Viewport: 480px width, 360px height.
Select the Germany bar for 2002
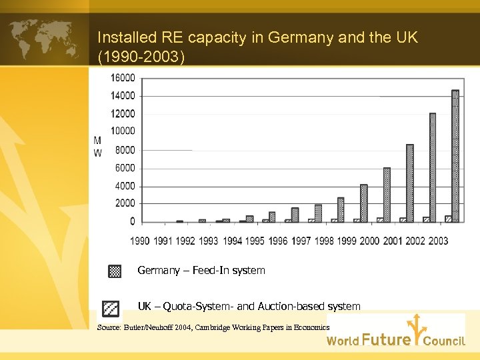coord(433,167)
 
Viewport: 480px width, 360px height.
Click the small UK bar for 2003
coord(449,219)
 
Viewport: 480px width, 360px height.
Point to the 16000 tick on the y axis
coord(123,77)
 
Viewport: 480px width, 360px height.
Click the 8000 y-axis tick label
coord(125,150)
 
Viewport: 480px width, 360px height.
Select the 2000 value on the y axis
coord(125,203)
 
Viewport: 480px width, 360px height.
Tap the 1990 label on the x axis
coord(140,241)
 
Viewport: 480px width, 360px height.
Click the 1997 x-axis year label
coord(301,241)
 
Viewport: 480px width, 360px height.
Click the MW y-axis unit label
coord(98,147)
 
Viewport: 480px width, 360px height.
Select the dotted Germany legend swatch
coord(115,271)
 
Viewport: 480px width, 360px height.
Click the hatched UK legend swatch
coord(111,308)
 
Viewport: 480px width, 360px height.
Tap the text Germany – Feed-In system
coord(201,271)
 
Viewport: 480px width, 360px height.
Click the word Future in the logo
coord(386,340)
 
